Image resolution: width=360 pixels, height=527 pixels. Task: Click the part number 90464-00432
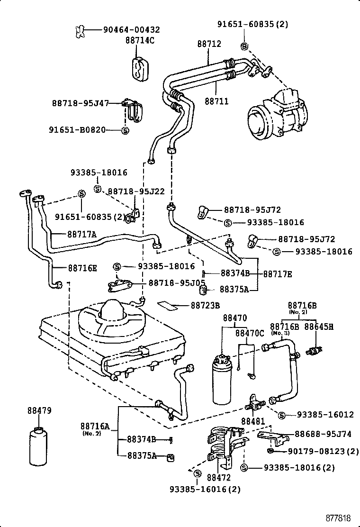coord(131,30)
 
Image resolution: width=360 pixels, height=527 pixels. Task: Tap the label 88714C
coord(140,40)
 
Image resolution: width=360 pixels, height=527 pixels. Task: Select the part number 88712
coord(209,44)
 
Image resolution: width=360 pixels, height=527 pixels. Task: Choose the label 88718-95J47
coord(81,102)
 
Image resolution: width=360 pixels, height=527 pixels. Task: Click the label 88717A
coord(81,234)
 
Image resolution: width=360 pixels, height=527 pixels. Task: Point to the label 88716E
coord(82,268)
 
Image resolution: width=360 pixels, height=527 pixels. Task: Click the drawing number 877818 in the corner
coord(340,517)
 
